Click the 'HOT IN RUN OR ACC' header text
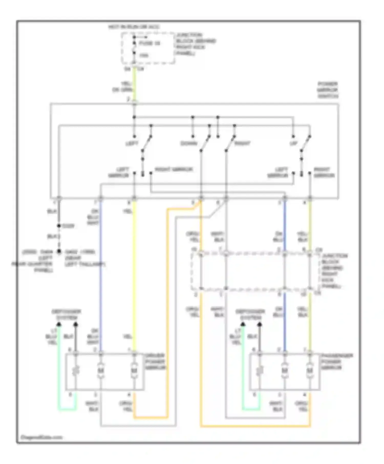(x=134, y=27)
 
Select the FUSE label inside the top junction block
(x=150, y=43)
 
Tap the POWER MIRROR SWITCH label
(x=328, y=90)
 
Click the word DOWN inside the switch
(x=189, y=143)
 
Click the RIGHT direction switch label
(x=242, y=143)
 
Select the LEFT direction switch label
(x=132, y=143)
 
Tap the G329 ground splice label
(x=68, y=226)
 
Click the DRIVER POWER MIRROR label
(x=155, y=361)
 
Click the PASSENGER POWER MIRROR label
(x=337, y=361)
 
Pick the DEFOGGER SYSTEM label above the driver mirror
(x=66, y=315)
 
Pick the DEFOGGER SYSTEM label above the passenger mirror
(x=250, y=315)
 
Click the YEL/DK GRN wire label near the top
(x=123, y=87)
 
